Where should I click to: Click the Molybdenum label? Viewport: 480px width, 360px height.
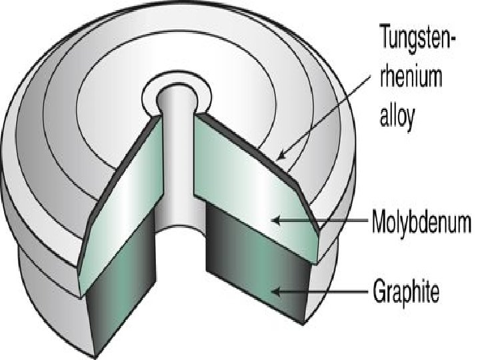421,219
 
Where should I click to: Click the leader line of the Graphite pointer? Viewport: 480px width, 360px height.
327,291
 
